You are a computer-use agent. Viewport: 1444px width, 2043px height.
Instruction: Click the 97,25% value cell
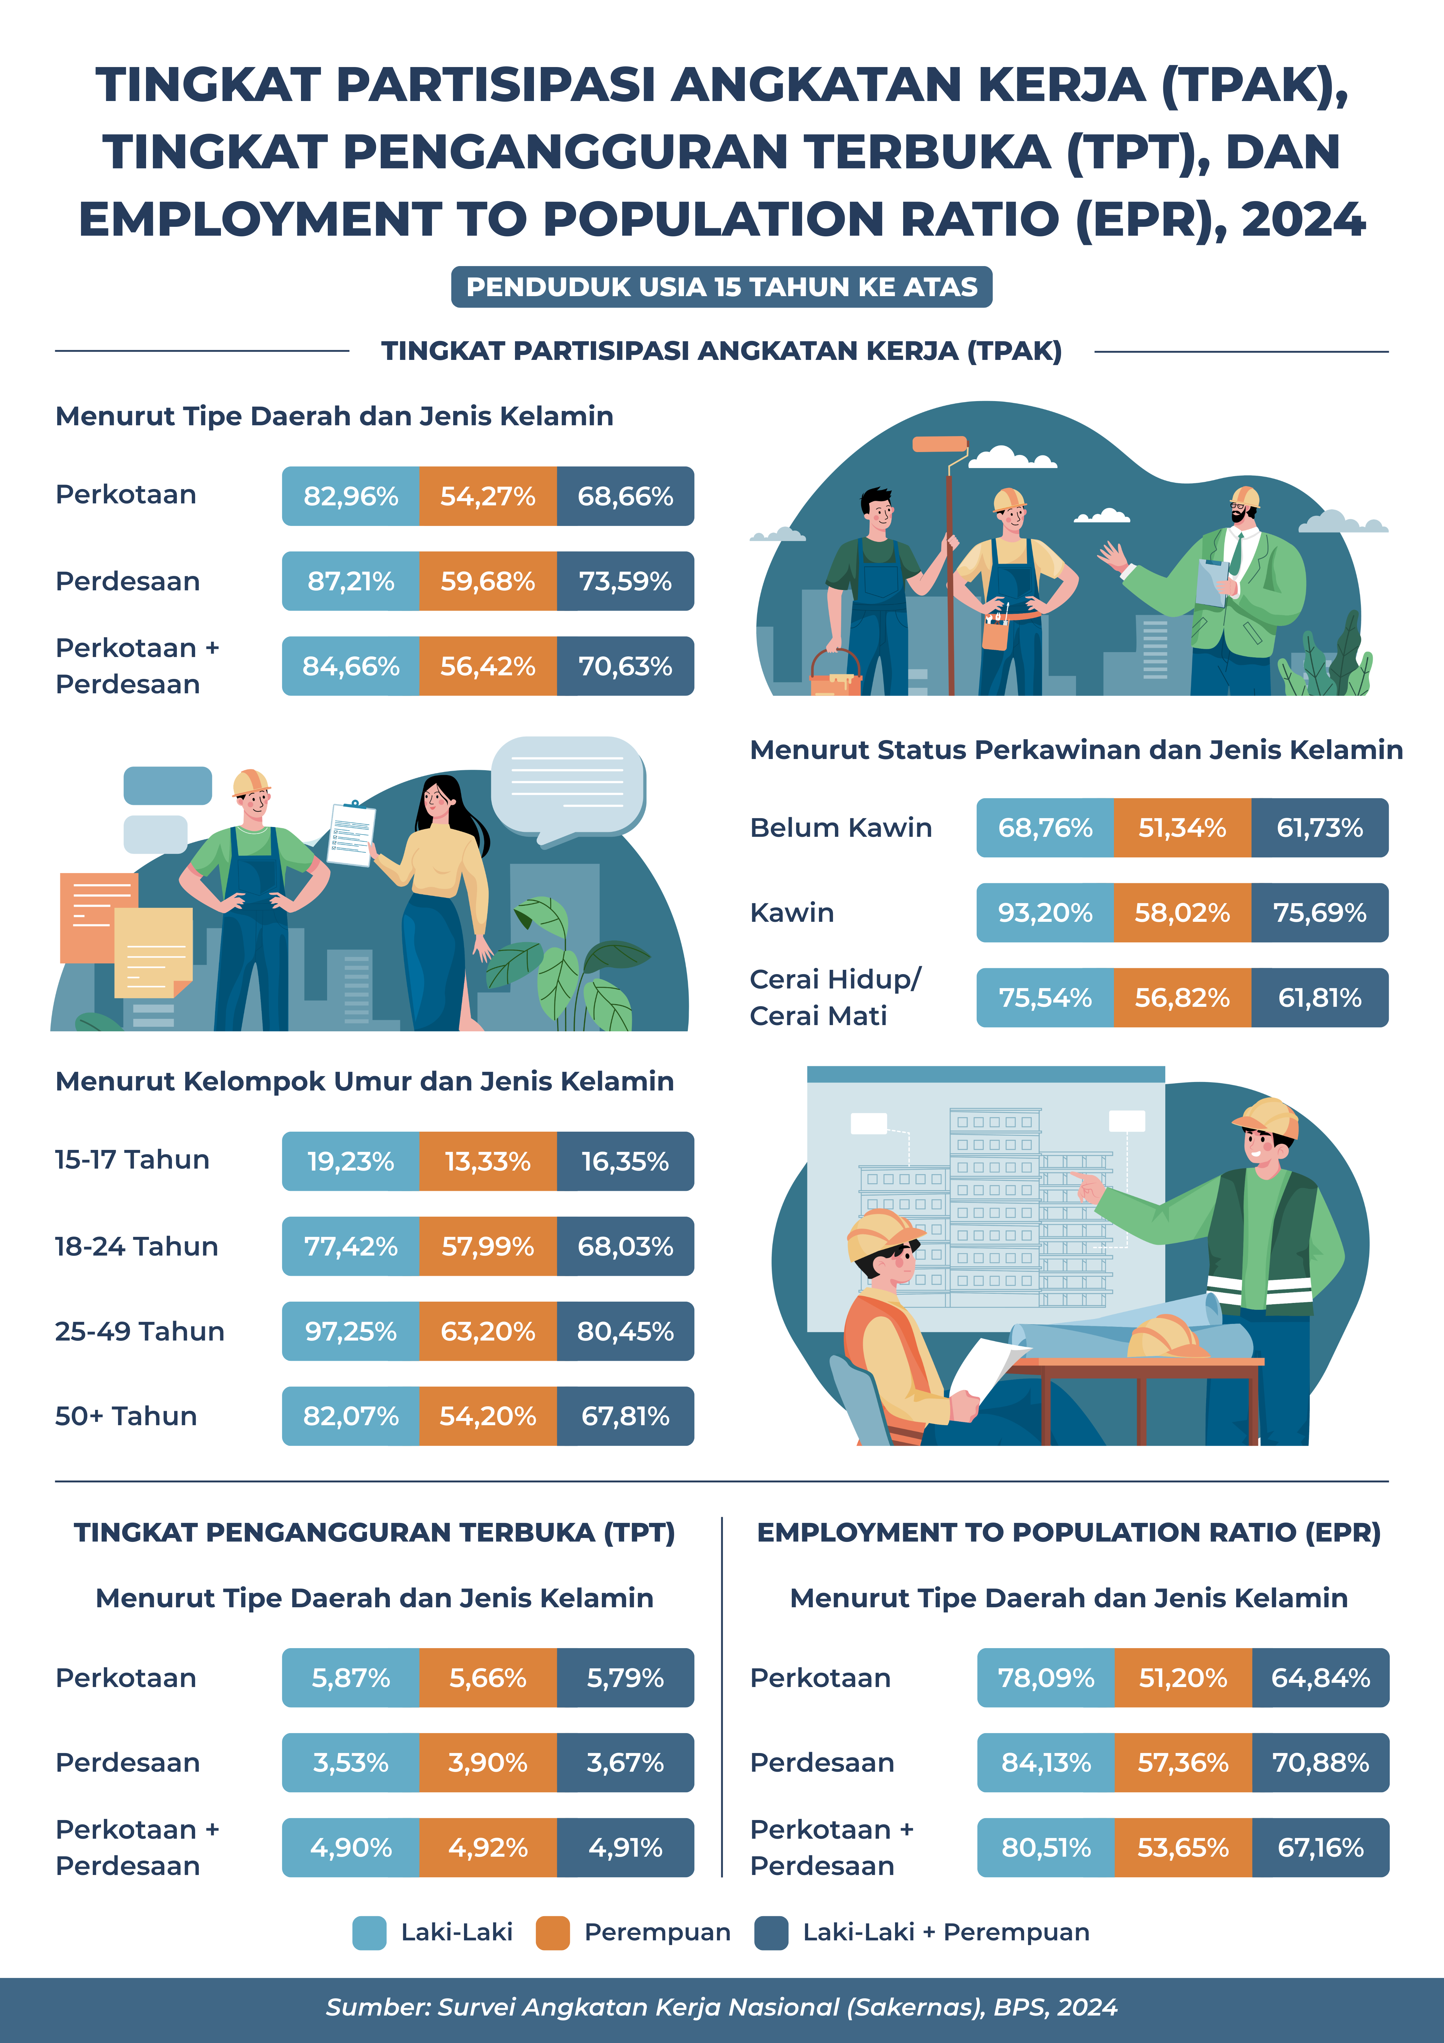[351, 1331]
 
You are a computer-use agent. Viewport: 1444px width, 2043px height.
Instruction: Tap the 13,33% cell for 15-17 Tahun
[488, 1161]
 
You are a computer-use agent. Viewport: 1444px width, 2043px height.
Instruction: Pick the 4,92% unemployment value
[488, 1848]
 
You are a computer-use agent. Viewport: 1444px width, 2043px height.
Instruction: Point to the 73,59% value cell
[625, 581]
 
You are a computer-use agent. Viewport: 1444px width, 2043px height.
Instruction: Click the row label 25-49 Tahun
[140, 1331]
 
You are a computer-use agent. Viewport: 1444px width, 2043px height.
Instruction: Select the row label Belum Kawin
[841, 828]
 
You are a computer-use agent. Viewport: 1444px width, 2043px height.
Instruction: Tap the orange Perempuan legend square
[553, 1933]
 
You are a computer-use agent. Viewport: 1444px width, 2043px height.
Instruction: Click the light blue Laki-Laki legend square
[369, 1933]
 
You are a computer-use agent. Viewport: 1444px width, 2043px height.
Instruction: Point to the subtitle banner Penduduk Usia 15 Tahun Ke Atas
[722, 287]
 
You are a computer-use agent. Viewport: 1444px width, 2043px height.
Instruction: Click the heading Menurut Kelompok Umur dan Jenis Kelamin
[365, 1081]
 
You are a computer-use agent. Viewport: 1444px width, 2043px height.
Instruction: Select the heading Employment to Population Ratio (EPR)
[1069, 1532]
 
